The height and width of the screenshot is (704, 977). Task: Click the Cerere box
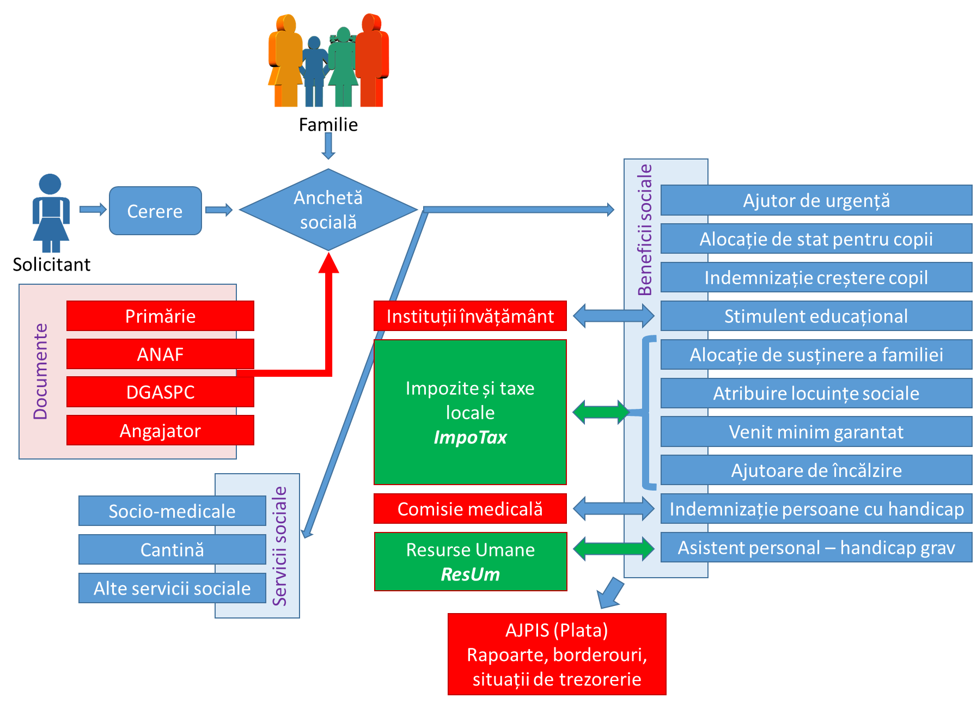pyautogui.click(x=155, y=211)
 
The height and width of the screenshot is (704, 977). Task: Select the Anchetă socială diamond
pyautogui.click(x=328, y=210)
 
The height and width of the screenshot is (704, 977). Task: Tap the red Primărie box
pyautogui.click(x=160, y=316)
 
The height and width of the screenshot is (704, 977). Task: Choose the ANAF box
pyautogui.click(x=160, y=354)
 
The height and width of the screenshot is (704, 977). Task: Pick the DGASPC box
pyautogui.click(x=160, y=392)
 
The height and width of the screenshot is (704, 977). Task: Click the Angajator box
pyautogui.click(x=160, y=431)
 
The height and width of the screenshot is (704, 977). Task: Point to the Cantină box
pyautogui.click(x=172, y=549)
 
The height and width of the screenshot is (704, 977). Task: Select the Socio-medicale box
pyautogui.click(x=172, y=511)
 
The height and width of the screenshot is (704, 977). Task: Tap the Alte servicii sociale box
pyautogui.click(x=172, y=588)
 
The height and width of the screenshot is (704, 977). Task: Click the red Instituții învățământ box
pyautogui.click(x=470, y=316)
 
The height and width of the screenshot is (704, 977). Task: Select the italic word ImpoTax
pyautogui.click(x=470, y=437)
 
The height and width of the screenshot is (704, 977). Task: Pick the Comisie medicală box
pyautogui.click(x=470, y=509)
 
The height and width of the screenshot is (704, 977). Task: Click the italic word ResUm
pyautogui.click(x=470, y=574)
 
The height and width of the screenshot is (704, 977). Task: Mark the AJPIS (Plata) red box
pyautogui.click(x=557, y=654)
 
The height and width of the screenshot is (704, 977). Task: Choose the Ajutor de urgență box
pyautogui.click(x=816, y=200)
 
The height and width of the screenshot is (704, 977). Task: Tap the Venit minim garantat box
pyautogui.click(x=816, y=432)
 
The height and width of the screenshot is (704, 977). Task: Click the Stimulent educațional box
pyautogui.click(x=816, y=316)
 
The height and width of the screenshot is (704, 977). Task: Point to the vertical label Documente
pyautogui.click(x=41, y=371)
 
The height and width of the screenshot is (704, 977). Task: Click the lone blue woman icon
pyautogui.click(x=51, y=213)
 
